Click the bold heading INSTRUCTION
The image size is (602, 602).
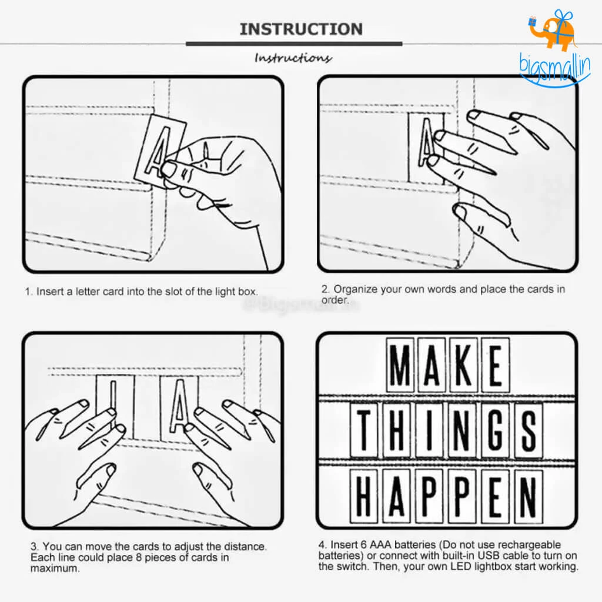(x=302, y=29)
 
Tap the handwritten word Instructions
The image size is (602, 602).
(x=293, y=58)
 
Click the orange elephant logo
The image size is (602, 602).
(x=553, y=31)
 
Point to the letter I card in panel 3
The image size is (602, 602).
(x=115, y=407)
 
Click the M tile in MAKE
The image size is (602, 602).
(x=400, y=364)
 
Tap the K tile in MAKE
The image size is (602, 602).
(x=463, y=364)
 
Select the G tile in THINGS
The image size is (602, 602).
(x=496, y=430)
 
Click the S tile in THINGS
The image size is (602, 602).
(x=529, y=430)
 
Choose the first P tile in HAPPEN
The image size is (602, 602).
(x=430, y=496)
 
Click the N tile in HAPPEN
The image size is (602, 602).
(x=529, y=496)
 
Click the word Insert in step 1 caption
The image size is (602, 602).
(x=50, y=292)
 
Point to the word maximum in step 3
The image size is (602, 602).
(x=55, y=568)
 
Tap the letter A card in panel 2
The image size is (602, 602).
(x=426, y=148)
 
